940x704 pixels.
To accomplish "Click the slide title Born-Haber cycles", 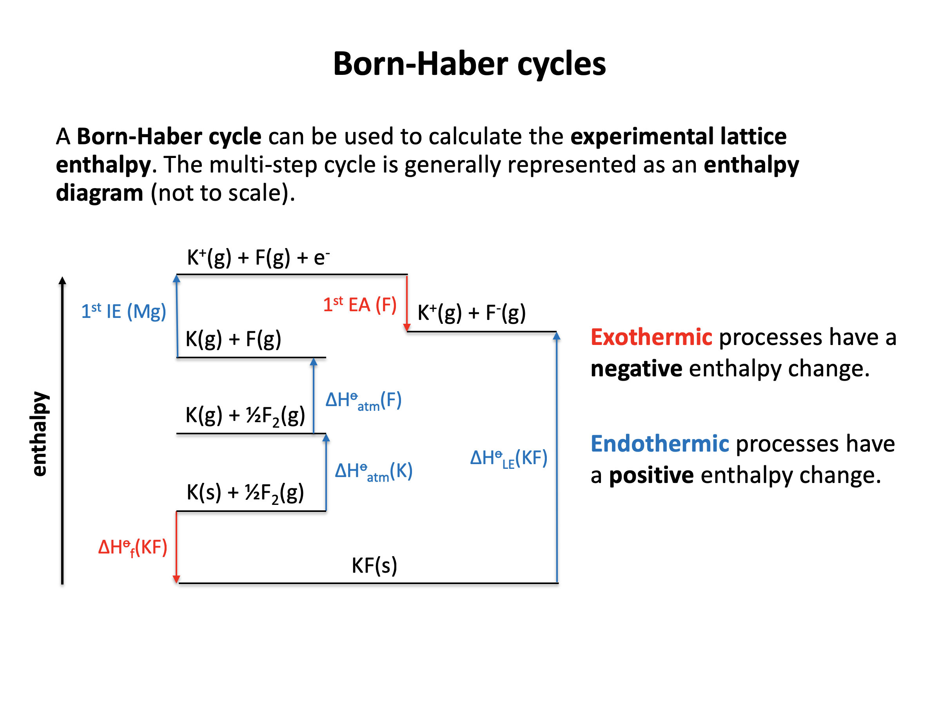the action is click(469, 64).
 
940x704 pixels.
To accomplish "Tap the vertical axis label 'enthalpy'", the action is click(39, 434).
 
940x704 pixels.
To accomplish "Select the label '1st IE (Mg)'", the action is click(123, 311).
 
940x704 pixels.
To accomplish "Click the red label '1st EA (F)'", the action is click(360, 305).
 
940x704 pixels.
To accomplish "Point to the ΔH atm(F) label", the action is click(364, 401).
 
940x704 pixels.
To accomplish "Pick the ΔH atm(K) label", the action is click(374, 472).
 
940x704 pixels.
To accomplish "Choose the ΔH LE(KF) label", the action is click(509, 459).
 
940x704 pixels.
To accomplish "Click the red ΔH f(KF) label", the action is click(132, 548).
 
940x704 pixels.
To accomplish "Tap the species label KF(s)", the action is click(374, 566).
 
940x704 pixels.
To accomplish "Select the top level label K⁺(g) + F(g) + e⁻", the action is click(258, 258).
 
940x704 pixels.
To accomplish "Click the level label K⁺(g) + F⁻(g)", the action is click(472, 313).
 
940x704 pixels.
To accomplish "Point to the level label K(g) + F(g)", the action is click(233, 339).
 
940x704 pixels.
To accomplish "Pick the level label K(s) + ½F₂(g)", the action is click(245, 493).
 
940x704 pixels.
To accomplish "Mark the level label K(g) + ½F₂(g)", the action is click(245, 416).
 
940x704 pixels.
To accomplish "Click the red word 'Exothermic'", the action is click(651, 337).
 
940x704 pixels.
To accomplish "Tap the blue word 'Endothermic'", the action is click(660, 444).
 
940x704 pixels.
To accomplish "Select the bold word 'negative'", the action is click(637, 368).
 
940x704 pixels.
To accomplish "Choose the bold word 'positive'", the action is click(651, 475).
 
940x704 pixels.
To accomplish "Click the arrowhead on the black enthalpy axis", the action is click(62, 280).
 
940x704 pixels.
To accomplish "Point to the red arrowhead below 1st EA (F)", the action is click(406, 327).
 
